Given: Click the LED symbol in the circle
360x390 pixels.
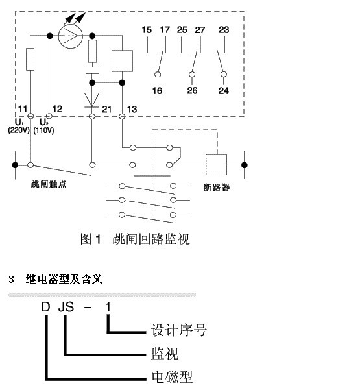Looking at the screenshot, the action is coord(70,36).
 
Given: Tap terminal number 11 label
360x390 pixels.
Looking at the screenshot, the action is coord(23,109).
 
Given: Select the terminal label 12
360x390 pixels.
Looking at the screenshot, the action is coord(58,109).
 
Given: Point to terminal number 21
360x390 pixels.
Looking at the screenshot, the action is coord(106,109).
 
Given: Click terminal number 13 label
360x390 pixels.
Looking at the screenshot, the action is coord(132,109).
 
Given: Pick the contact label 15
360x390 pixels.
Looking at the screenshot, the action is coord(147,30).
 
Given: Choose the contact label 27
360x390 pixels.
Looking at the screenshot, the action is coord(200,30).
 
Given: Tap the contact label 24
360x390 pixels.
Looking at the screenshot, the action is coord(224,91).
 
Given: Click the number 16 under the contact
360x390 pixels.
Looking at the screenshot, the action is coord(158,91).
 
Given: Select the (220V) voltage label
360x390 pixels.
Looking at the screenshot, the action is coord(19,130).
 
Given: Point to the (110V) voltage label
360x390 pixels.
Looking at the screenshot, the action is coord(43,130).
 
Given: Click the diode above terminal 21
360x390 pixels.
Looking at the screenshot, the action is coord(91,100).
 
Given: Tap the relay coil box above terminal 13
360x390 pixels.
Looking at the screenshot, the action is coord(122,61).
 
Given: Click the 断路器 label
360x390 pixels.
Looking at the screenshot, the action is coord(217,188).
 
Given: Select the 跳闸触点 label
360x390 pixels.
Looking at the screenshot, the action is coord(49,184).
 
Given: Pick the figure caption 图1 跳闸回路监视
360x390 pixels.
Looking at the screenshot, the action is coord(135,239).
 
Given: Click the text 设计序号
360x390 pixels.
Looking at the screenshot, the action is coord(179,330).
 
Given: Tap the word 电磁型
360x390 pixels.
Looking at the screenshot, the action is coord(172,377).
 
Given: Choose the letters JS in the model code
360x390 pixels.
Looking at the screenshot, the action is coord(66,307).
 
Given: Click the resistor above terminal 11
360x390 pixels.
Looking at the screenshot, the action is coord(30,60).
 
